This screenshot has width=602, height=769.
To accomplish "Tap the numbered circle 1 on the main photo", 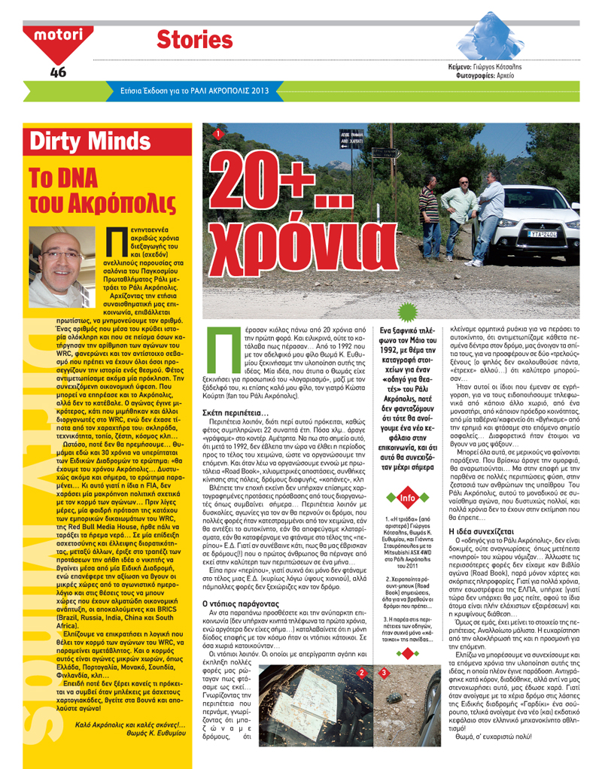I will click(x=217, y=134).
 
